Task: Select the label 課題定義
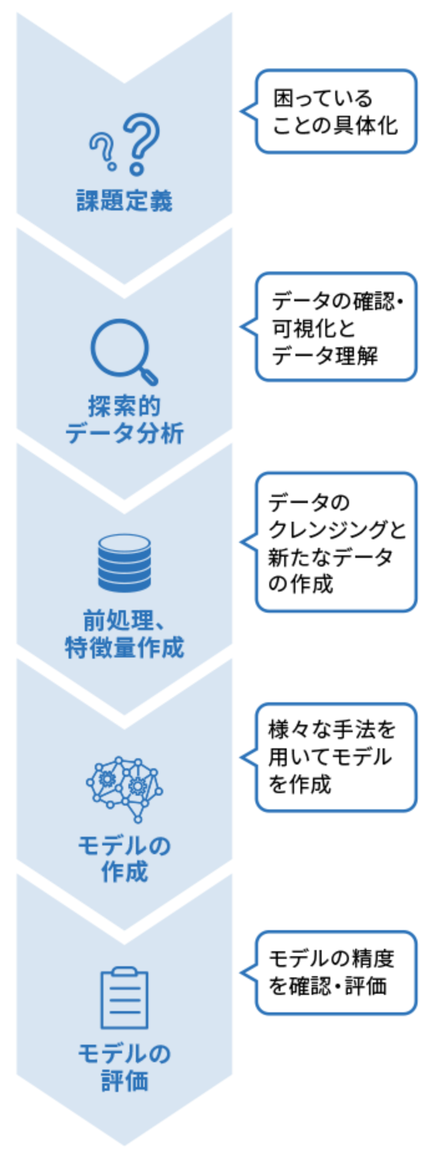click(124, 201)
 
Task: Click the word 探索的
click(124, 406)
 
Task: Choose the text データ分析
click(124, 433)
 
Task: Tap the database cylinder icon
click(124, 563)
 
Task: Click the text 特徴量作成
click(124, 647)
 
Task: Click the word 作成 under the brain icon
click(124, 872)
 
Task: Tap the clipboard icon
click(124, 999)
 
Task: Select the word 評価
click(124, 1081)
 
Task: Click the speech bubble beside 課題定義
click(336, 111)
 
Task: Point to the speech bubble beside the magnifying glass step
click(336, 326)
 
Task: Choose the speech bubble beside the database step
click(336, 542)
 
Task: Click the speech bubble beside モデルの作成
click(336, 757)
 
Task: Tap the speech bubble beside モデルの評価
click(336, 972)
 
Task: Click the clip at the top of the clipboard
click(124, 972)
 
